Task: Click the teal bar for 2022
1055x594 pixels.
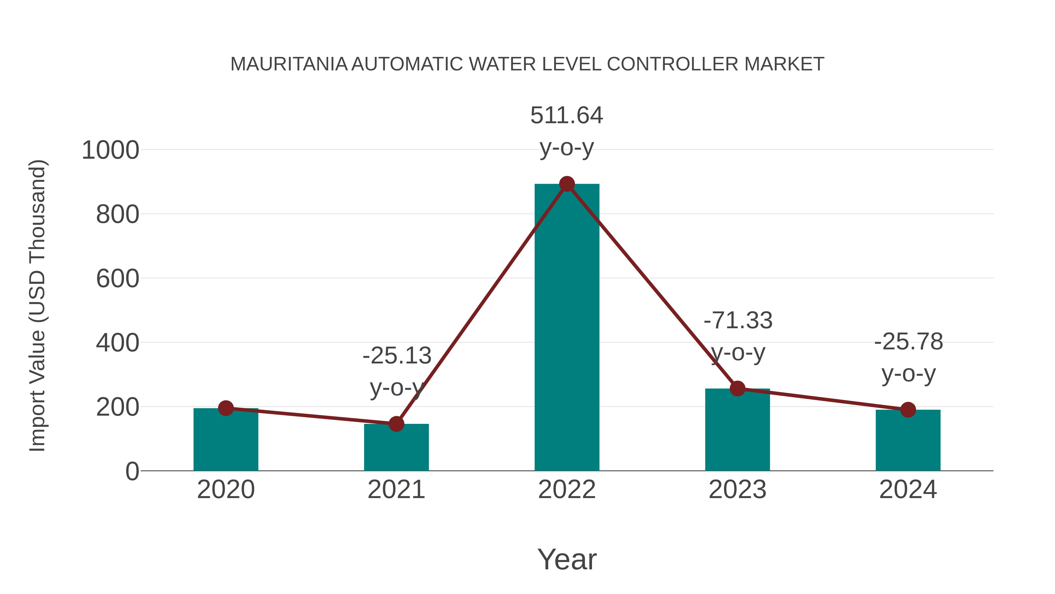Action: coord(567,328)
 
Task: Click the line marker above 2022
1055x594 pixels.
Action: coord(567,184)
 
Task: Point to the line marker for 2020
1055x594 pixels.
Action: coord(226,408)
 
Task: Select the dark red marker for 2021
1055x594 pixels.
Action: coord(396,424)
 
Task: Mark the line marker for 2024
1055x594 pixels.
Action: coord(908,409)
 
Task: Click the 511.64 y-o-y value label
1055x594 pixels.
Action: coord(567,116)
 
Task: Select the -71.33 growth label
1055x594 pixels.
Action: coord(738,321)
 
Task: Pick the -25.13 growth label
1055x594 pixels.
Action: coord(397,356)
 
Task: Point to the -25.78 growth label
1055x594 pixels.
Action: coord(908,342)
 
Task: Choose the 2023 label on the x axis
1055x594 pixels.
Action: coord(737,490)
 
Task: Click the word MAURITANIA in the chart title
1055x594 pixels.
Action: coord(289,64)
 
